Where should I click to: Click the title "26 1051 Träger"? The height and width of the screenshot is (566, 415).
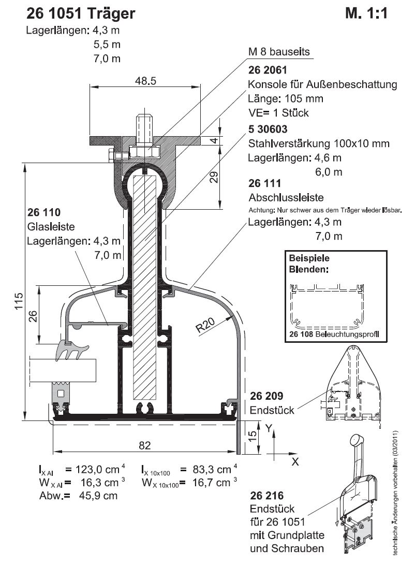[81, 13]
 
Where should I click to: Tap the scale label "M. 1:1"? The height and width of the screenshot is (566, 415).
[366, 13]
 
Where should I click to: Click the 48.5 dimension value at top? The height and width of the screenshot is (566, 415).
[146, 81]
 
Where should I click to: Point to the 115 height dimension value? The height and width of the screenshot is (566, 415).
[19, 301]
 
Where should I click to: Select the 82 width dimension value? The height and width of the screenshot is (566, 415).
[144, 445]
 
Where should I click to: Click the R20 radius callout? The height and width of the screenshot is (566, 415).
[205, 325]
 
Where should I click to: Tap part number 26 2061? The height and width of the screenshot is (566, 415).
[268, 70]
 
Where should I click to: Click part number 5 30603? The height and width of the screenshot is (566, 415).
[268, 129]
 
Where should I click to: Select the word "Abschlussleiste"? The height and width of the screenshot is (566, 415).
[286, 197]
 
